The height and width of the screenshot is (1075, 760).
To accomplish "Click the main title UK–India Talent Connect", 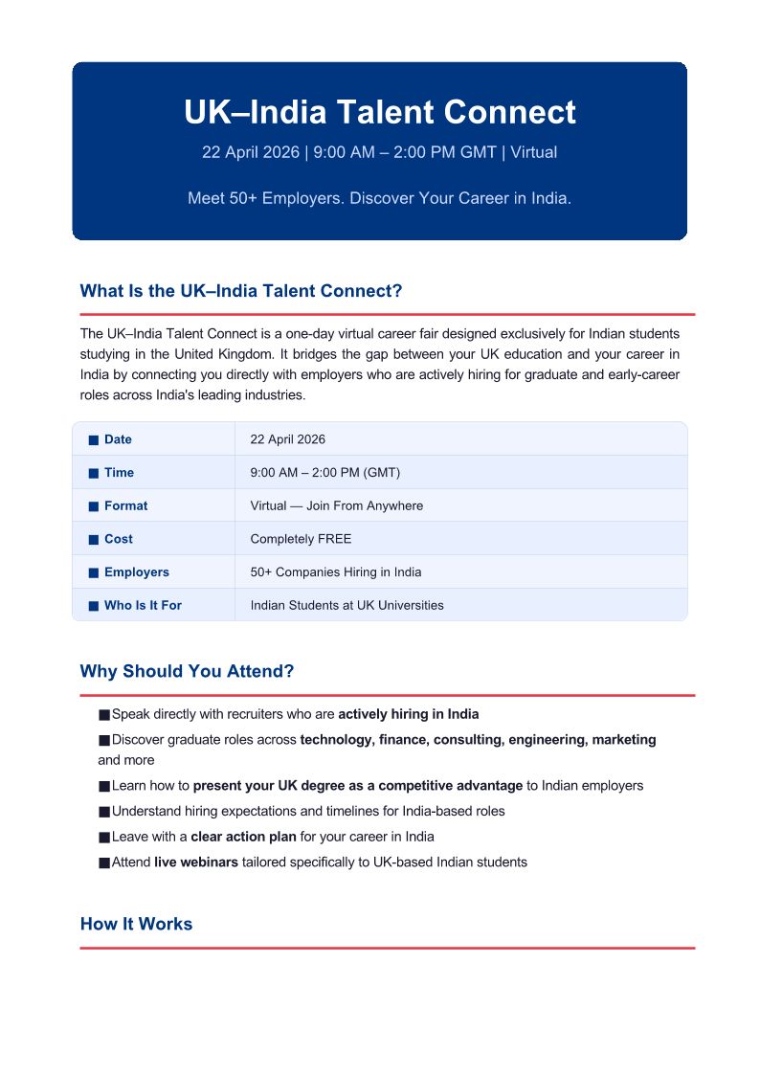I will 379,112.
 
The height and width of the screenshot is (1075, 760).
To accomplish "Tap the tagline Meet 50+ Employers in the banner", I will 379,199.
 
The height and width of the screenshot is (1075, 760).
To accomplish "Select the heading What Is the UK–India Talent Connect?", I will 241,291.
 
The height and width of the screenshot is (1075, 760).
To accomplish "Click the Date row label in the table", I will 118,439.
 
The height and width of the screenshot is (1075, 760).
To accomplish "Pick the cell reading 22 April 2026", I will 287,439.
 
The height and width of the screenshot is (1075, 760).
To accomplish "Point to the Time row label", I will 119,473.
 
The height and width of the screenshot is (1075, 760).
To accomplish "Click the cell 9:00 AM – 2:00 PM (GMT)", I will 324,473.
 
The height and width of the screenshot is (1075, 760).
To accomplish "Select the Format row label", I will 125,505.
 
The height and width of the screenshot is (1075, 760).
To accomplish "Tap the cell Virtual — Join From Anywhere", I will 336,505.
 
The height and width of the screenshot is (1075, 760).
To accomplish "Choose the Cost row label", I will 118,539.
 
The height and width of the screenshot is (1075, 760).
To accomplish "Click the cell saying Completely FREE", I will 301,539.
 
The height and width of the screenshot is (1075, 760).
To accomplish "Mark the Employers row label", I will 136,572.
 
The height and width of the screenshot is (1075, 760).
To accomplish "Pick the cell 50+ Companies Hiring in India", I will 335,572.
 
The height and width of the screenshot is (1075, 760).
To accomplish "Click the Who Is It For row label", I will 143,605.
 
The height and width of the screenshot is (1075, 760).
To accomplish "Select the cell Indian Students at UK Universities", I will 346,605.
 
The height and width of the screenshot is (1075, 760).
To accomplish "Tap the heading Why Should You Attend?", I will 187,671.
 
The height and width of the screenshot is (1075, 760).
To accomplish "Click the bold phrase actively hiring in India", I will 408,714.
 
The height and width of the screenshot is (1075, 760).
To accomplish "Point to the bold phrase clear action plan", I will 243,837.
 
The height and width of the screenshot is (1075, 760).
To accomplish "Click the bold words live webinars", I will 196,862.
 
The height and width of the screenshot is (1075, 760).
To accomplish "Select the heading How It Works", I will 136,924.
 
